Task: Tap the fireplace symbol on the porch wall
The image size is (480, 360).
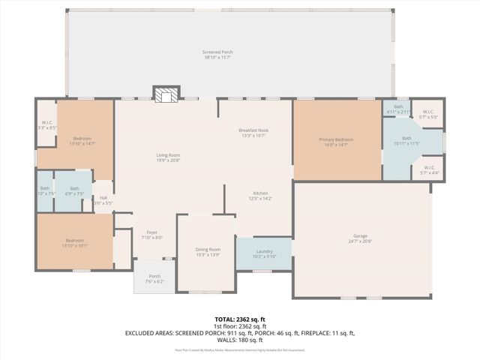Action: coord(166,93)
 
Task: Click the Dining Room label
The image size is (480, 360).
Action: coord(208,251)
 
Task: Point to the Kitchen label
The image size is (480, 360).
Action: coord(260,196)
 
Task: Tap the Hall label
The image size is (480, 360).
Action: coord(103,200)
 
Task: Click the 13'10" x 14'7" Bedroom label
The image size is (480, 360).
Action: coord(82,141)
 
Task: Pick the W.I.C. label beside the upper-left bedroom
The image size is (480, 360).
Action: coord(46,124)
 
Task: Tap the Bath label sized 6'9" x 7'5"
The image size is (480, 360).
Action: coord(74,190)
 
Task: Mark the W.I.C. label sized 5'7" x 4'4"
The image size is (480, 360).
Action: coord(429,169)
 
